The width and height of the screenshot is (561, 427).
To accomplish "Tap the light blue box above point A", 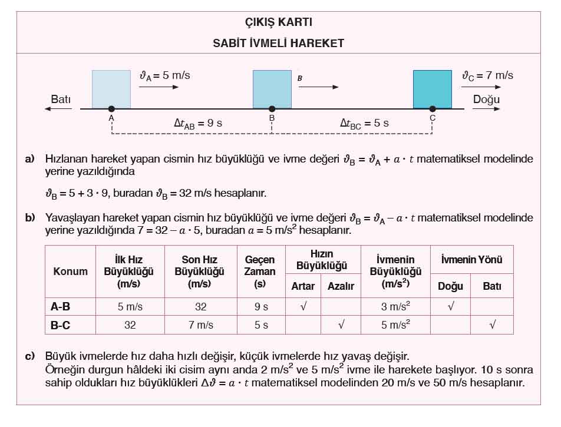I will click(x=111, y=89).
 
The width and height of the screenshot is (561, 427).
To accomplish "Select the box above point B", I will click(x=272, y=89).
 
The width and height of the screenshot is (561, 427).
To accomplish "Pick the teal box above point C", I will click(x=432, y=89).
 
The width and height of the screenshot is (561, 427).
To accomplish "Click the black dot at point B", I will click(x=272, y=109).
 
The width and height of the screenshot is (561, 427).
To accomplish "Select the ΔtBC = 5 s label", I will click(x=364, y=124).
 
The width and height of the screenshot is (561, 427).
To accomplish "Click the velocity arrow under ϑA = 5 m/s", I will click(x=159, y=87).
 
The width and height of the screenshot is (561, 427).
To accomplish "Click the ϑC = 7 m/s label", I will click(x=487, y=75).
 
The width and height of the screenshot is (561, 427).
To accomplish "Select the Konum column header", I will click(x=71, y=272).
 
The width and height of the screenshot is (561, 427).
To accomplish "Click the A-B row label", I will click(x=61, y=306).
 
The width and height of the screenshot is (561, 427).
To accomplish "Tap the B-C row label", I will click(x=61, y=325).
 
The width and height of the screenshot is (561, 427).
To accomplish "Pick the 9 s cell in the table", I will click(x=259, y=306).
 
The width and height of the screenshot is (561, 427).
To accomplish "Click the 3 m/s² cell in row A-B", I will click(x=395, y=306).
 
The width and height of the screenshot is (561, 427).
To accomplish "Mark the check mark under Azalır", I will click(x=340, y=325).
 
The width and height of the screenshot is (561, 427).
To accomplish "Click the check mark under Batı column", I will click(x=492, y=325).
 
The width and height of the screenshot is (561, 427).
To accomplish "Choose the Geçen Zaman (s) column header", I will click(x=259, y=272).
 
